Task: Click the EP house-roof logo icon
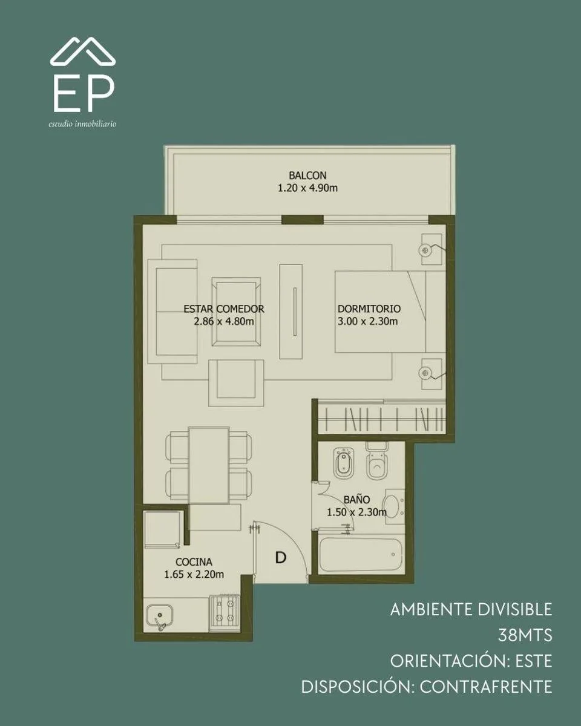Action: click(x=83, y=51)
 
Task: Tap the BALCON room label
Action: click(x=307, y=175)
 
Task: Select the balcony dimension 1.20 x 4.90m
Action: click(x=307, y=188)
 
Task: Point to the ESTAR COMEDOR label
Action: click(x=224, y=309)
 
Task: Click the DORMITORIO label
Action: click(x=369, y=309)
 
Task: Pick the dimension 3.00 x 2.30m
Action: click(x=367, y=321)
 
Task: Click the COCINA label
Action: click(x=194, y=561)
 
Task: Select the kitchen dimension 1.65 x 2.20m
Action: click(x=194, y=574)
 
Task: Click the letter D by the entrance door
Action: click(x=281, y=558)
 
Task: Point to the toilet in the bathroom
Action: click(x=377, y=461)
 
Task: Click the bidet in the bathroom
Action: click(x=344, y=463)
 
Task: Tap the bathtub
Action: click(x=361, y=555)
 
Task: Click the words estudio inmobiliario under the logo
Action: click(x=82, y=124)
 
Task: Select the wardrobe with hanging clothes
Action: click(x=381, y=417)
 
